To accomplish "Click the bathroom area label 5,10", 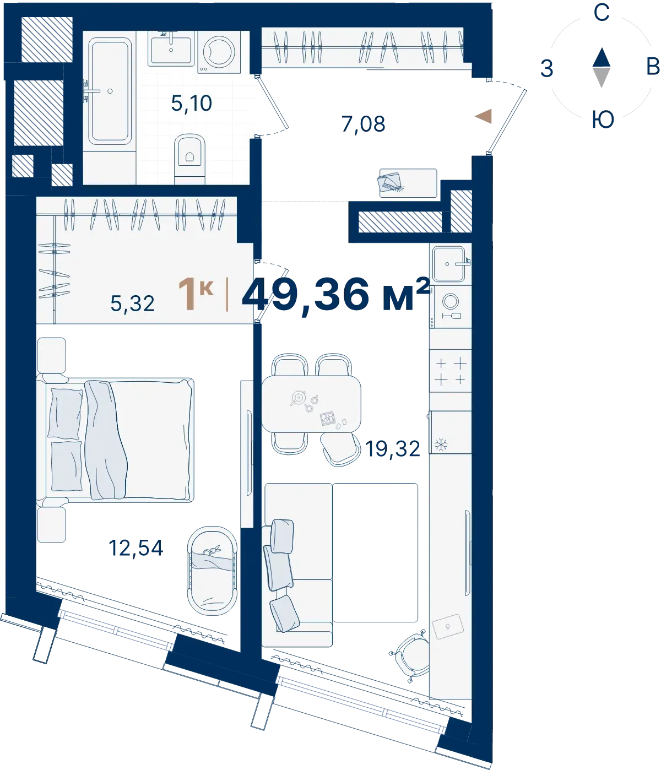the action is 192,103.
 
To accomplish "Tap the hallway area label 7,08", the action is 364,124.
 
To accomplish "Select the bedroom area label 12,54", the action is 136,548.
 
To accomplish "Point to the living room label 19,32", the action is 393,448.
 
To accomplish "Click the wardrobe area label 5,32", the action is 132,303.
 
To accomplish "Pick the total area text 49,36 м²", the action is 336,294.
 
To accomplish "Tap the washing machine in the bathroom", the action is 219,52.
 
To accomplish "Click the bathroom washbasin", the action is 171,48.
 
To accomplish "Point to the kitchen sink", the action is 449,264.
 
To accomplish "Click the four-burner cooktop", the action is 451,371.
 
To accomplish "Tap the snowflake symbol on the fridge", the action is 441,444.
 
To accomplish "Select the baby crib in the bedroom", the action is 212,571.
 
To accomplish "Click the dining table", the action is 311,404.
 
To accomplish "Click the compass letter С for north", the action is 602,13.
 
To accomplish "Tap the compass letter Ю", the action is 603,120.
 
